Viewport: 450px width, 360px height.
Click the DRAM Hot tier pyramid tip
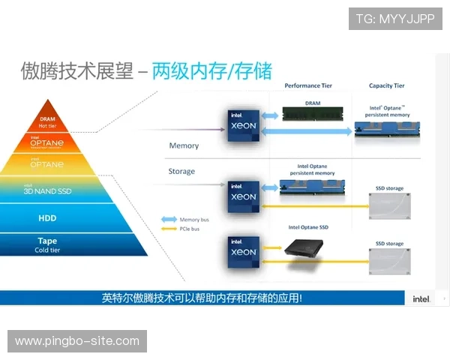click(48, 120)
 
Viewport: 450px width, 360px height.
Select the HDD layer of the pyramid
click(48, 217)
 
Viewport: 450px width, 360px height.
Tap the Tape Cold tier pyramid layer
click(48, 244)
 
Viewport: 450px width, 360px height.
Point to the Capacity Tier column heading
click(387, 86)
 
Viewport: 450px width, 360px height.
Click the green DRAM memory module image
click(313, 115)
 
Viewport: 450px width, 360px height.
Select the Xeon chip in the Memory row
click(243, 126)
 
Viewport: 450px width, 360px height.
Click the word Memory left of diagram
click(184, 145)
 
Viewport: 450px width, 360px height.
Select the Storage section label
click(181, 171)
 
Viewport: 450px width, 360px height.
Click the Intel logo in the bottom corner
click(421, 298)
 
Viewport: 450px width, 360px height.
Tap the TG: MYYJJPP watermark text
click(395, 19)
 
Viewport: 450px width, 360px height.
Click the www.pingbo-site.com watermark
click(77, 341)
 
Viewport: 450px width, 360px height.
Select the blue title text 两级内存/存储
click(211, 71)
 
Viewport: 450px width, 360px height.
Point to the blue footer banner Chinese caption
click(202, 298)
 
